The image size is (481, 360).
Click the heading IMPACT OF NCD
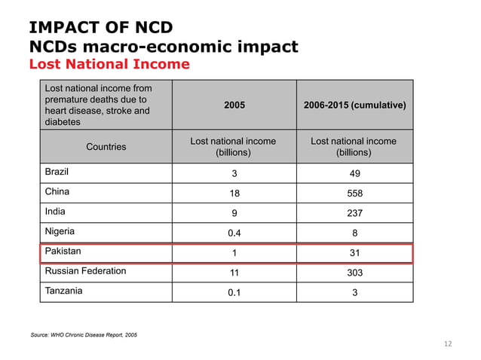pyautogui.click(x=101, y=28)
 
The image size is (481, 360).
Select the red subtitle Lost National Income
pyautogui.click(x=109, y=64)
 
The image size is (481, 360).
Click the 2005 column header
pyautogui.click(x=234, y=105)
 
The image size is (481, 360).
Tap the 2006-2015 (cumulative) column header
pyautogui.click(x=354, y=105)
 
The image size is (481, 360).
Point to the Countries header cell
pyautogui.click(x=106, y=147)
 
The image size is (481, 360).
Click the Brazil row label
pyautogui.click(x=60, y=172)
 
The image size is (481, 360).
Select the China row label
pyautogui.click(x=59, y=192)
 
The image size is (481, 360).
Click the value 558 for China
pyautogui.click(x=354, y=193)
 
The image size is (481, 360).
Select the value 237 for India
pyautogui.click(x=354, y=213)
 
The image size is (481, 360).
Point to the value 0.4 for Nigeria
pyautogui.click(x=234, y=233)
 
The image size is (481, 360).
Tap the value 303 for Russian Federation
pyautogui.click(x=354, y=272)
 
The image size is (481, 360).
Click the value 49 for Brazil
pyautogui.click(x=354, y=173)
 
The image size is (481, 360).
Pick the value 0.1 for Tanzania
pyautogui.click(x=234, y=292)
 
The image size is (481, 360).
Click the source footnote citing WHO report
pyautogui.click(x=83, y=334)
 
